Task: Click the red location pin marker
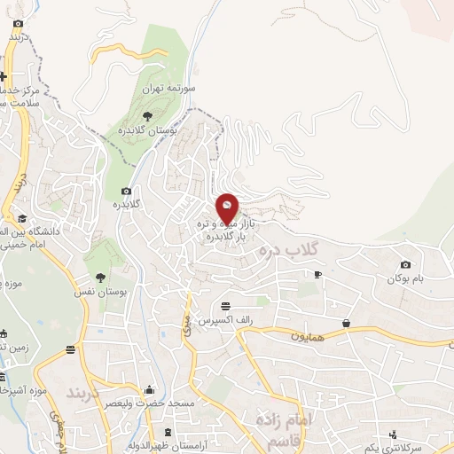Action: point(228,208)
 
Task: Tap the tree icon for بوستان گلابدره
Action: point(147,115)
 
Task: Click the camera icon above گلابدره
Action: point(126,191)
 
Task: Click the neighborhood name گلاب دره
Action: point(287,252)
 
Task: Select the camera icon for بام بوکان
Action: point(405,264)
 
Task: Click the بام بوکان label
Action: point(405,279)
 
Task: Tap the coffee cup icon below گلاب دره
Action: point(317,275)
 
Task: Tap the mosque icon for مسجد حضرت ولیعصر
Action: point(149,389)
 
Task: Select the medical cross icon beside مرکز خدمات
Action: point(5,76)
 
